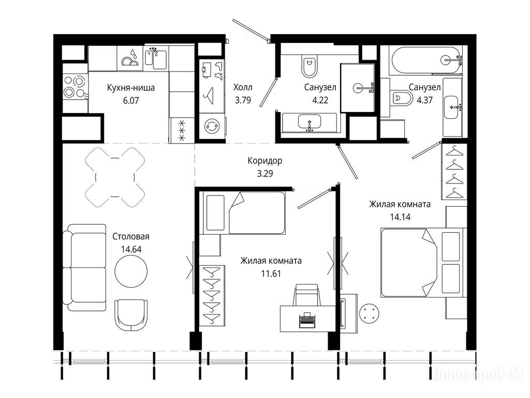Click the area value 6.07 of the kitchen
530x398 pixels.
click(131, 101)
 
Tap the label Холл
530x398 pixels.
click(243, 87)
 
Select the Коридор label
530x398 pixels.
click(264, 161)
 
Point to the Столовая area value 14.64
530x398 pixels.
click(131, 249)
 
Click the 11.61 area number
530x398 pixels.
click(271, 274)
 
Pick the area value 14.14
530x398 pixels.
click(400, 217)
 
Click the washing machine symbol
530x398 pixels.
click(212, 126)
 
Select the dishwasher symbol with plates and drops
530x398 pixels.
click(130, 58)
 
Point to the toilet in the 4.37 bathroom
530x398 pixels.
click(401, 98)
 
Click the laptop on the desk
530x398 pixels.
click(307, 320)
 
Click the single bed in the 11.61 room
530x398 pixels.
click(244, 213)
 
